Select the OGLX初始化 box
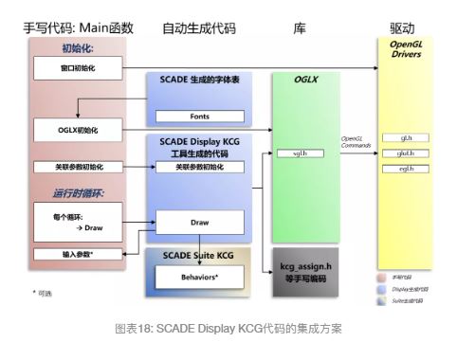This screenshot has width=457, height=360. point(80,128)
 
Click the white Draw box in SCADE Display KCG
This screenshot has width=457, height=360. point(198,223)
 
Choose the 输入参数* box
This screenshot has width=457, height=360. point(79,254)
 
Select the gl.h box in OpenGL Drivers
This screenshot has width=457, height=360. point(409,137)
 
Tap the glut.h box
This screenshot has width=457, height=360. point(409,153)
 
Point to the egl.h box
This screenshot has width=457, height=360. point(409,169)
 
